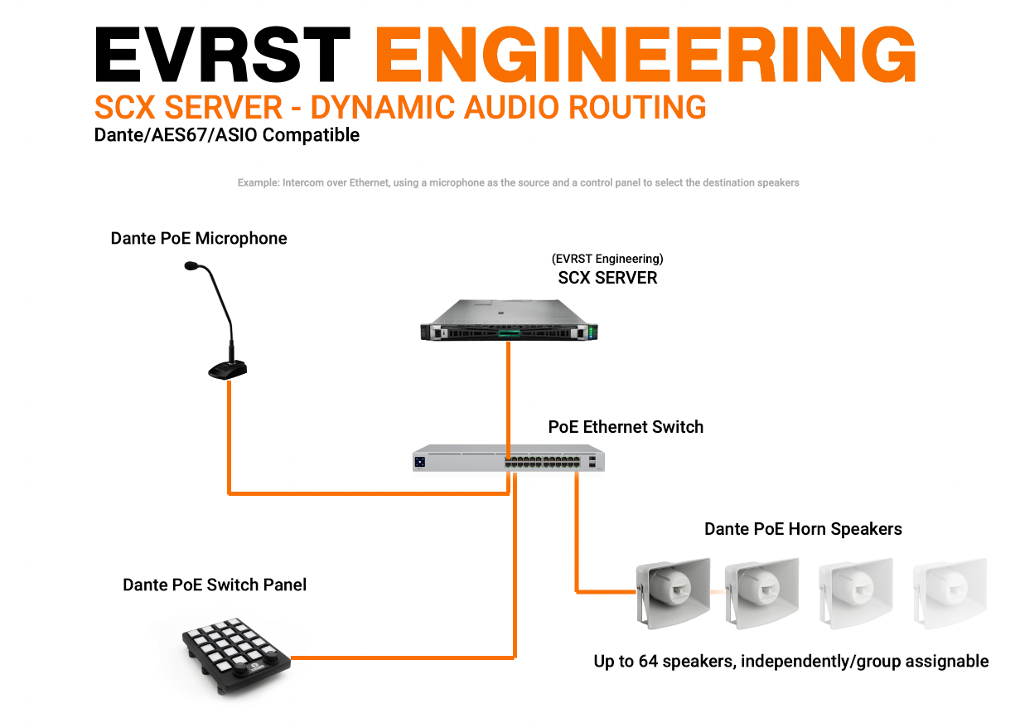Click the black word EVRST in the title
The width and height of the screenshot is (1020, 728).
coord(222,54)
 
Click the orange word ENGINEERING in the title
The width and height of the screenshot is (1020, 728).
coord(645,54)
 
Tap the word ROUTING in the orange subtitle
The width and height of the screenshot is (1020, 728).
coord(637,108)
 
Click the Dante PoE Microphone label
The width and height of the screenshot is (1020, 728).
coord(199,238)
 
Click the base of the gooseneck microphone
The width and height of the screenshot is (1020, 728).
coord(228,370)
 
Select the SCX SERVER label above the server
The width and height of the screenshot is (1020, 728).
coord(607,278)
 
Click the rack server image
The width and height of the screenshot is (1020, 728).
coord(509,320)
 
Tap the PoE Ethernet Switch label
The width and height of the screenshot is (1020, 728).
coord(626,427)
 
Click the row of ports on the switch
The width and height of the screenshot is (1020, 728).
coord(542,462)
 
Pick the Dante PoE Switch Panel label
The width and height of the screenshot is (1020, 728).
coord(215,585)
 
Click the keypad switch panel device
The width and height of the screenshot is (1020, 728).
coord(236,656)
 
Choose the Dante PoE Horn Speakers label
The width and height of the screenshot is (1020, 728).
coord(803,529)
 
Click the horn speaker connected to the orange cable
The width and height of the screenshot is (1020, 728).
coord(673,593)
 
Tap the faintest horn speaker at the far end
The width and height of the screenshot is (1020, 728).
coord(950,593)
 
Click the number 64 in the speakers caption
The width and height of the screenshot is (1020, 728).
coord(648,661)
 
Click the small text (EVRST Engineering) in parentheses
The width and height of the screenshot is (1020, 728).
coord(607,259)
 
